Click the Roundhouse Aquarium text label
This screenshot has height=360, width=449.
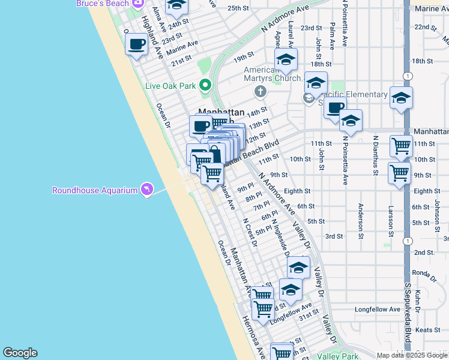click(95, 190)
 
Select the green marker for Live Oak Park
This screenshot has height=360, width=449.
click(205, 85)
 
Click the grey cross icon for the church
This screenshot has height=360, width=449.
click(260, 91)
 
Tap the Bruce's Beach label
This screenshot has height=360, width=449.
click(102, 4)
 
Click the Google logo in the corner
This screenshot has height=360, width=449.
click(20, 353)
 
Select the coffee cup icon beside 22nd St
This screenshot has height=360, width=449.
click(137, 44)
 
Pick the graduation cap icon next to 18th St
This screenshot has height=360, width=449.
click(286, 59)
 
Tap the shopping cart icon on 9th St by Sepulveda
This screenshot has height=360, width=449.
click(399, 173)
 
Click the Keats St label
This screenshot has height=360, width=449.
click(428, 330)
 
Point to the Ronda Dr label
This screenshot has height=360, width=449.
click(424, 273)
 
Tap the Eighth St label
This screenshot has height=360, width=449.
click(297, 191)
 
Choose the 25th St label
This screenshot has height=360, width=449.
click(238, 8)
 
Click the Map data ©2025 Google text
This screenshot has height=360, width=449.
click(412, 355)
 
